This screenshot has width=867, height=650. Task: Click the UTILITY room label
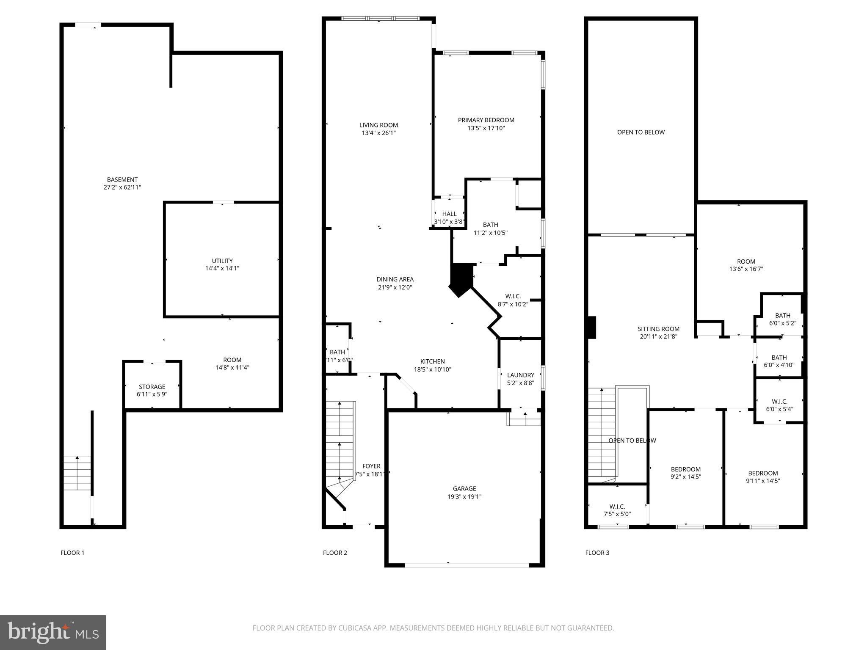click(x=222, y=261)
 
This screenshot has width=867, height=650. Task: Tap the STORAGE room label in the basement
click(x=152, y=386)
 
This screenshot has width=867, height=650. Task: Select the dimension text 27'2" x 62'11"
click(x=122, y=187)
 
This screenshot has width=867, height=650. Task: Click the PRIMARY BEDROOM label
click(x=486, y=120)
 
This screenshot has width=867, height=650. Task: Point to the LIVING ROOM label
click(x=378, y=125)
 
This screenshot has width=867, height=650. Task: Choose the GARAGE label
click(x=464, y=488)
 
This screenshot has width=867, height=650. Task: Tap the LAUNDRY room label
click(x=520, y=375)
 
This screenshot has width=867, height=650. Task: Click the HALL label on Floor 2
click(x=449, y=214)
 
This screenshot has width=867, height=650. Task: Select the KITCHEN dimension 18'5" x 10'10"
click(x=432, y=369)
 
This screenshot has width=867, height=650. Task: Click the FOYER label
click(x=371, y=466)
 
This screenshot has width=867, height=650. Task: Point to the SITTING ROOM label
click(x=658, y=329)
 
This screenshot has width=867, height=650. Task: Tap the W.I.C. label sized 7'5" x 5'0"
click(x=617, y=506)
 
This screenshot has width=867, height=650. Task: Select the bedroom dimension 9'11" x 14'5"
click(x=763, y=481)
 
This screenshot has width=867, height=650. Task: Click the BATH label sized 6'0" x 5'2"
click(x=782, y=315)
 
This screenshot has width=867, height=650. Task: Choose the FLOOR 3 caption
click(x=597, y=553)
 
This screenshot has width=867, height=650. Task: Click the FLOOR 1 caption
click(x=72, y=553)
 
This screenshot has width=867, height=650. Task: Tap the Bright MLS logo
click(x=53, y=632)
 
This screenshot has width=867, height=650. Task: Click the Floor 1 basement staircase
click(x=77, y=473)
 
